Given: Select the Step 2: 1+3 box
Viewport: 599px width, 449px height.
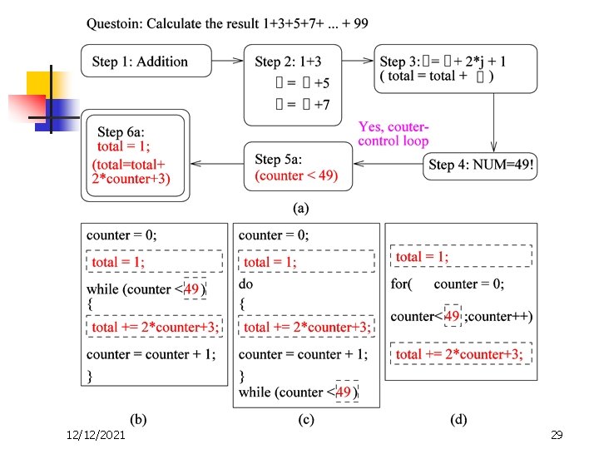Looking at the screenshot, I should [x=292, y=84].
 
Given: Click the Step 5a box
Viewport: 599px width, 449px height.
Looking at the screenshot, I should [x=298, y=166].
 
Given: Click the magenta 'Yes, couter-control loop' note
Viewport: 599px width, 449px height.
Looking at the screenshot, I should [x=394, y=134].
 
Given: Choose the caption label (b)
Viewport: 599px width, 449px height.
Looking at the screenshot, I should [x=138, y=419].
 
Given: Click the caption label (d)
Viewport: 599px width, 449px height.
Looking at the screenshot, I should [x=458, y=419].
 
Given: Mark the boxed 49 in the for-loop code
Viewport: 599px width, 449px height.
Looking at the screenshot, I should [x=453, y=316].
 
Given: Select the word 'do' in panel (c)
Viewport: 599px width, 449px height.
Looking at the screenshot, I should [x=246, y=284].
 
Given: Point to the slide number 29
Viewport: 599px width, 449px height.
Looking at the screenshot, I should [x=557, y=435].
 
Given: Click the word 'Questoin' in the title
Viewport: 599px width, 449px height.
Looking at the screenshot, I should [x=114, y=23].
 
